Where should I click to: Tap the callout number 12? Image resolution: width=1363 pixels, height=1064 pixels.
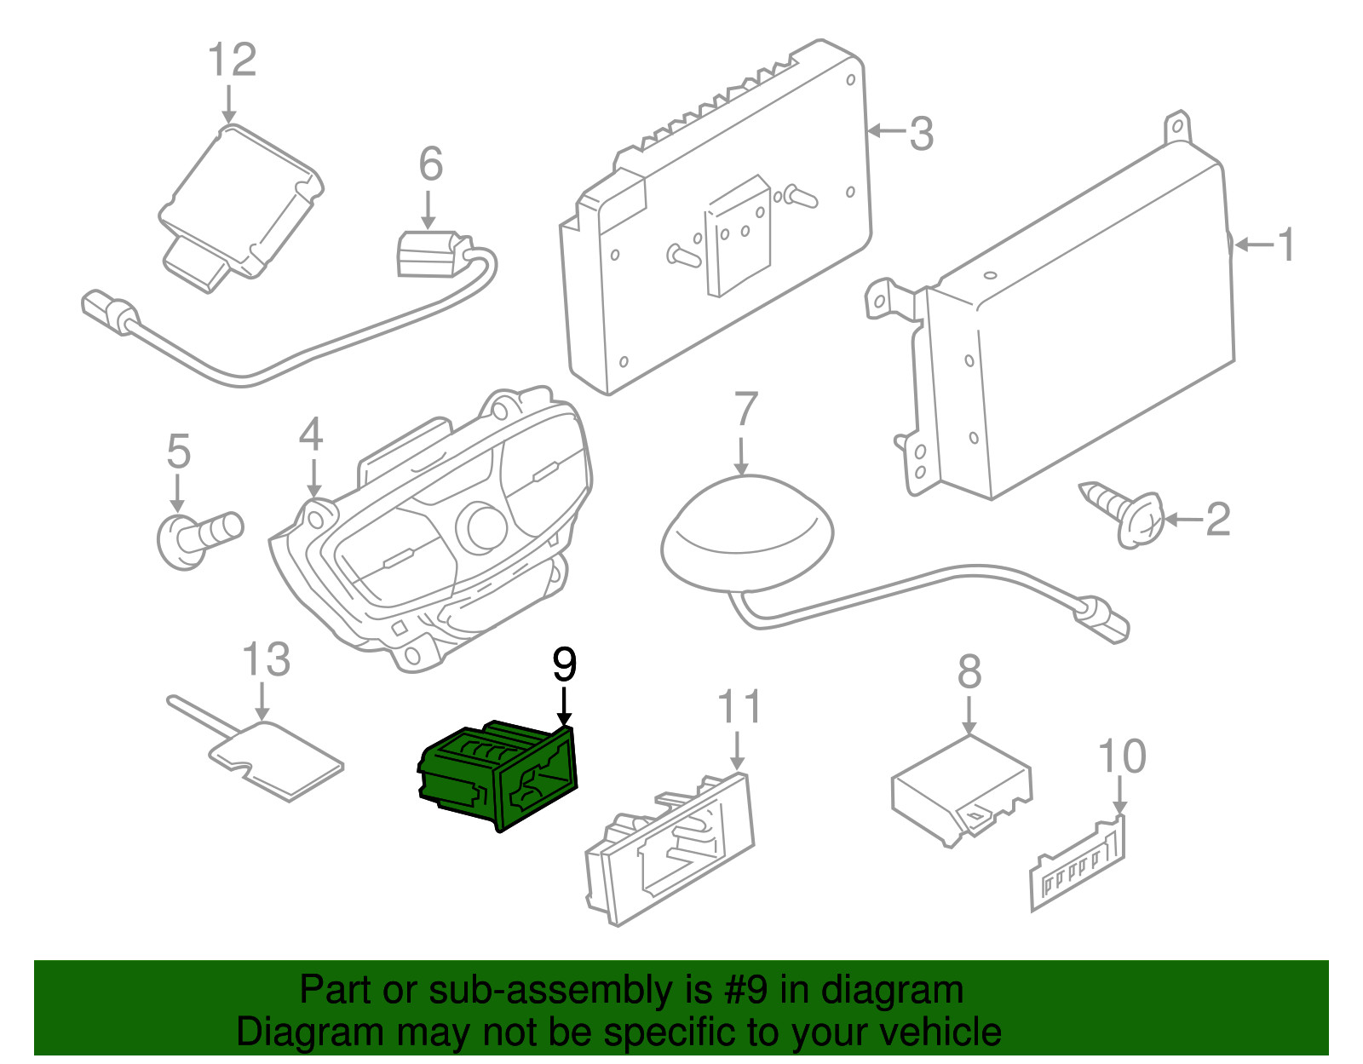click(x=232, y=60)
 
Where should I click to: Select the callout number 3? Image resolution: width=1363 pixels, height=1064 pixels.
click(x=921, y=134)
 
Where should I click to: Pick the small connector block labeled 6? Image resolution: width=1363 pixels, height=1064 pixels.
click(x=430, y=255)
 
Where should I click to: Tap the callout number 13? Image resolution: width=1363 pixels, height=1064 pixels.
click(x=266, y=659)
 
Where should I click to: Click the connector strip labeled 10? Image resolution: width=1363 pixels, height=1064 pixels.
click(x=1078, y=868)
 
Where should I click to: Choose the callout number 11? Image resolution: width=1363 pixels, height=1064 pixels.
click(x=739, y=706)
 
